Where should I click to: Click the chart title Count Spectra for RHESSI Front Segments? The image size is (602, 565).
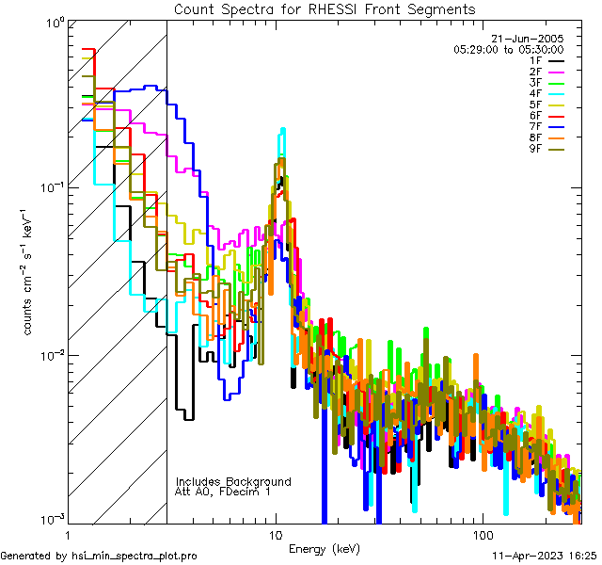(x=325, y=9)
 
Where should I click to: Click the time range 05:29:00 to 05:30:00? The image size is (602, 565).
(x=508, y=49)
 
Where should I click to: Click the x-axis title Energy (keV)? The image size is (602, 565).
(x=325, y=549)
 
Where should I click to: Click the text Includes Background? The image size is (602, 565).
(x=233, y=481)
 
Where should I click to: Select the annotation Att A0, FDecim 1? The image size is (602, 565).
(x=223, y=492)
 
